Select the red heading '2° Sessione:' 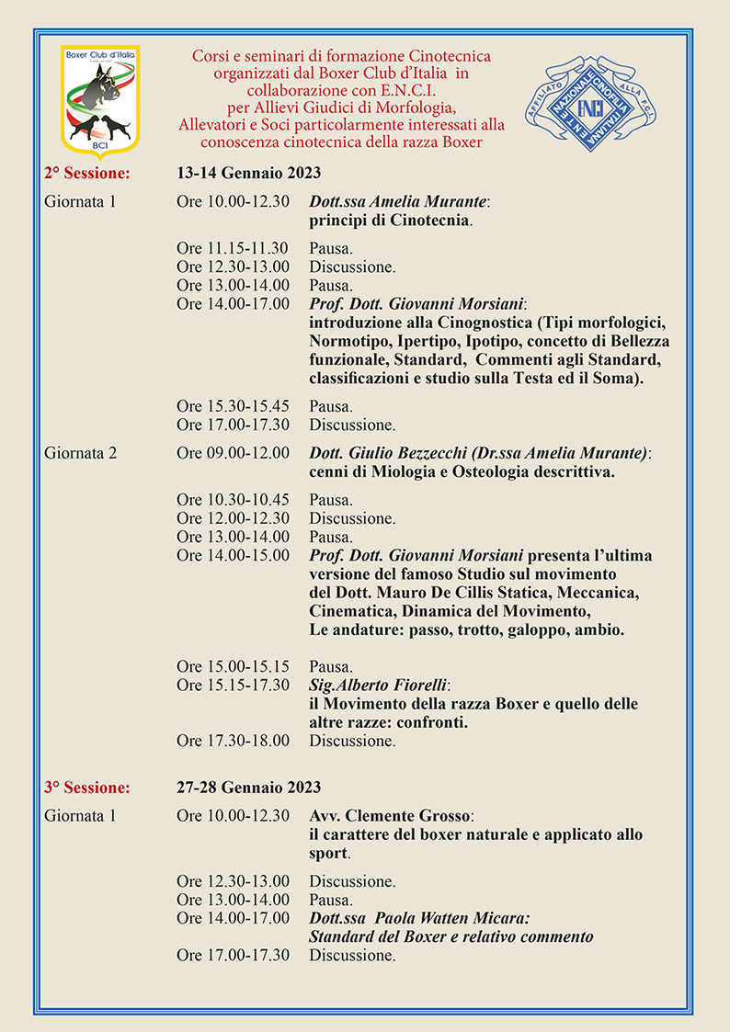tap(86, 173)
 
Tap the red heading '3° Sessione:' tap(86, 788)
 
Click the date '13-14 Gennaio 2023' tap(248, 173)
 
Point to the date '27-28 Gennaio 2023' tap(248, 788)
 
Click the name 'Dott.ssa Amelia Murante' tap(397, 202)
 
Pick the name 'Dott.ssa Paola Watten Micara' tap(418, 918)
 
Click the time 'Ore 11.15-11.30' tap(233, 249)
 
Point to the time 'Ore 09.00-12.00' tap(233, 453)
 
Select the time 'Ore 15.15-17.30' tap(233, 686)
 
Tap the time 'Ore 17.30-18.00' tap(233, 741)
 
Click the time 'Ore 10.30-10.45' tap(233, 500)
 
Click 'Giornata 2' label tap(80, 453)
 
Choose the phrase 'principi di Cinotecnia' tap(390, 221)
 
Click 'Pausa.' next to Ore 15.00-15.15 tap(331, 667)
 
